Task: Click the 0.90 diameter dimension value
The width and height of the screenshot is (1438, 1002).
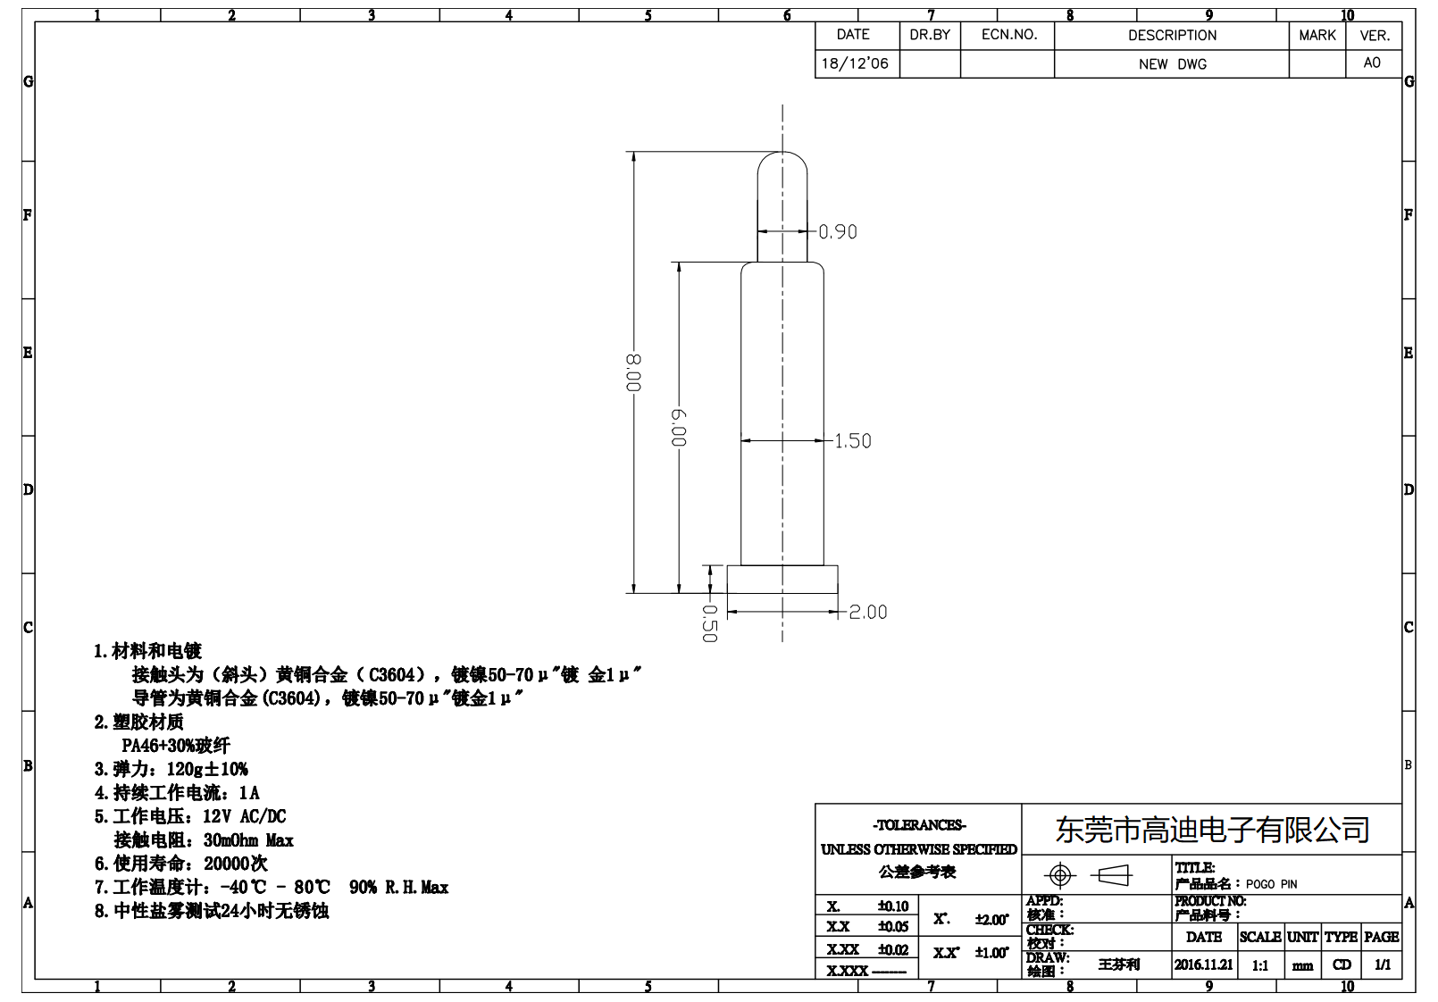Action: point(838,232)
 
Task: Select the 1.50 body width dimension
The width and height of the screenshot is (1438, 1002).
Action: point(852,441)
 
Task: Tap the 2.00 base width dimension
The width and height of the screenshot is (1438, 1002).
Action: point(867,613)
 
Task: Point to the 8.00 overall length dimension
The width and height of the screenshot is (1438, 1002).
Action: point(633,372)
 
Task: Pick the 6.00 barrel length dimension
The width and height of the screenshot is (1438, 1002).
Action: point(679,428)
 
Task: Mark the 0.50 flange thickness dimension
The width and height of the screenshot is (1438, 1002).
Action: point(709,623)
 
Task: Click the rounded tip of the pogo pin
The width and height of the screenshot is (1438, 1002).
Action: point(782,165)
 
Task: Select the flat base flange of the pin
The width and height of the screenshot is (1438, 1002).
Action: point(782,579)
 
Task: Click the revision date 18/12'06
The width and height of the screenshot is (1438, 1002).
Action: point(855,63)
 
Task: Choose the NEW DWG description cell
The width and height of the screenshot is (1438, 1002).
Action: point(1172,64)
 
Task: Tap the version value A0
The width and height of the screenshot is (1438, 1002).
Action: point(1372,63)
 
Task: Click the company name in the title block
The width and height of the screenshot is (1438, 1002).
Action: point(1212,830)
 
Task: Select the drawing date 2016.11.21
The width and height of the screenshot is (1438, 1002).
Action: point(1203,964)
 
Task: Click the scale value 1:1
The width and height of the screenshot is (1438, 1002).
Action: point(1260,965)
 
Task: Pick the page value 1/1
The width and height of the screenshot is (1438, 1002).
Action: point(1382,964)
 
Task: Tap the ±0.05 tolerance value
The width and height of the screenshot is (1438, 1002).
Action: point(892,927)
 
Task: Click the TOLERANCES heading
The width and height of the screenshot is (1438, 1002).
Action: point(919,825)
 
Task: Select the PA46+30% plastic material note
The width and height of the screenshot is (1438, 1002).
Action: point(176,746)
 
